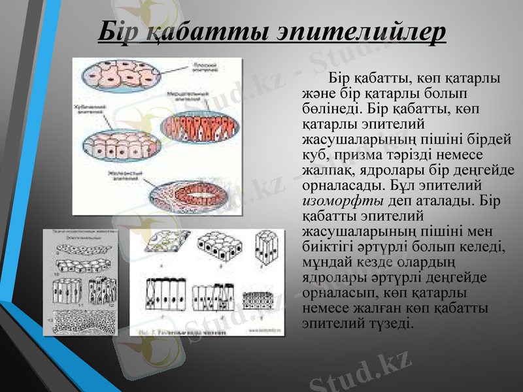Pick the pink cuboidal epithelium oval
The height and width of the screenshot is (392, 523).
point(121,142)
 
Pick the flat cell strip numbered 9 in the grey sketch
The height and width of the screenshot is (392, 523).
point(82,248)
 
